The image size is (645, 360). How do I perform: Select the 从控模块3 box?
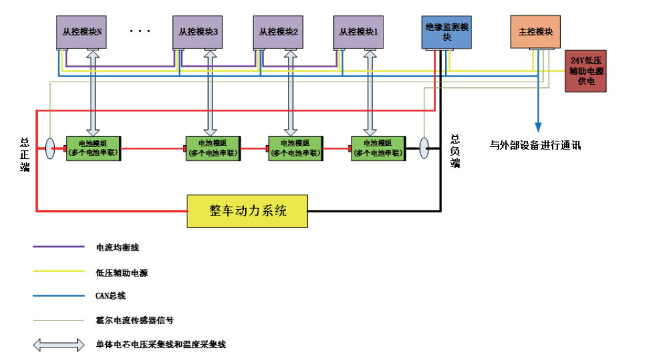tap(198, 32)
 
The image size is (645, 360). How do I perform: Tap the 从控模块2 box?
tap(278, 32)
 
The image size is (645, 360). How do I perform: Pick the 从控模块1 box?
tap(358, 32)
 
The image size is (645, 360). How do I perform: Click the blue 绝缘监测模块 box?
tap(446, 32)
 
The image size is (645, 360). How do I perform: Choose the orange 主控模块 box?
tap(535, 32)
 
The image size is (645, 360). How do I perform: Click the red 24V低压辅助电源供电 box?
tap(586, 71)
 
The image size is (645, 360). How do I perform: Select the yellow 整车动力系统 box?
tap(248, 210)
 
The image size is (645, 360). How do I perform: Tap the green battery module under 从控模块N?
tap(94, 148)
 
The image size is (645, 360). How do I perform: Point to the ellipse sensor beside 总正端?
tap(50, 148)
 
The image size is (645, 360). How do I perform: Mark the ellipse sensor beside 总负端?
tap(424, 148)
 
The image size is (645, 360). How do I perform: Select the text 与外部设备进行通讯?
tap(535, 145)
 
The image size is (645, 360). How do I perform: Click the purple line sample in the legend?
tap(58, 248)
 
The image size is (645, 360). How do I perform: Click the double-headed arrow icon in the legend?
tap(58, 344)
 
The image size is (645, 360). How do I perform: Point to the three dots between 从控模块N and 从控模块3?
tap(140, 31)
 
